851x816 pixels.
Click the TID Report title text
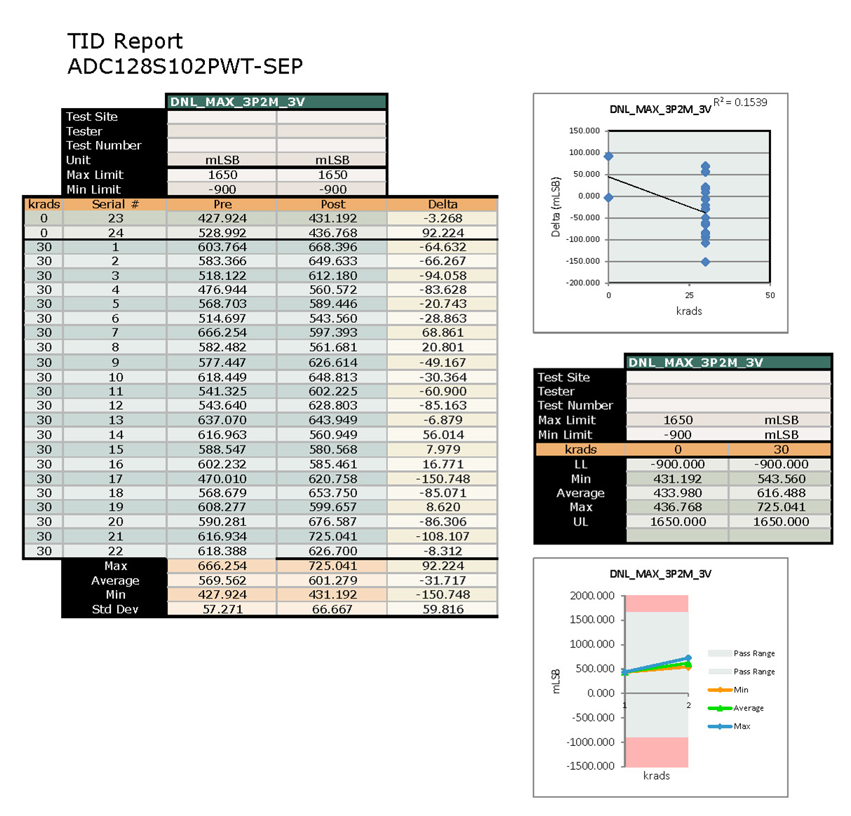click(x=125, y=41)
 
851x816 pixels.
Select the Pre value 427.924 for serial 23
click(x=222, y=218)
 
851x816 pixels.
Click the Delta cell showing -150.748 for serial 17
click(x=443, y=479)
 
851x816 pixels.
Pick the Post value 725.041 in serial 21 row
click(x=333, y=536)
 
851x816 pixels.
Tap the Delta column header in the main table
click(x=443, y=204)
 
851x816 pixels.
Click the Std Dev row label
click(x=115, y=609)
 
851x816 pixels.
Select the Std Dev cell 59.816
click(x=443, y=609)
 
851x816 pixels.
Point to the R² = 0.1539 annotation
click(x=740, y=102)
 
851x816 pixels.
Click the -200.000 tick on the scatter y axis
click(x=584, y=283)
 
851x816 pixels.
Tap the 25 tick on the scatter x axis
click(x=689, y=295)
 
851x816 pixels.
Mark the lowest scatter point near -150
click(x=705, y=262)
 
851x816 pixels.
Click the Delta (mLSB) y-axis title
click(x=556, y=207)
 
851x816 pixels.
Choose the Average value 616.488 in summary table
click(x=781, y=493)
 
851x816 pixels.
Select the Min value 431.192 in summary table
click(x=678, y=479)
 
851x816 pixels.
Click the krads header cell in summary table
click(x=580, y=449)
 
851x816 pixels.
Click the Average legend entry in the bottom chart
click(x=748, y=708)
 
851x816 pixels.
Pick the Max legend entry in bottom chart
click(x=742, y=726)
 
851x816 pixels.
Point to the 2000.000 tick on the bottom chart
click(x=592, y=596)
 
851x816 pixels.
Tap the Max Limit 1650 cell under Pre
click(x=222, y=175)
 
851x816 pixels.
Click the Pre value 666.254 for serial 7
click(x=222, y=333)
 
